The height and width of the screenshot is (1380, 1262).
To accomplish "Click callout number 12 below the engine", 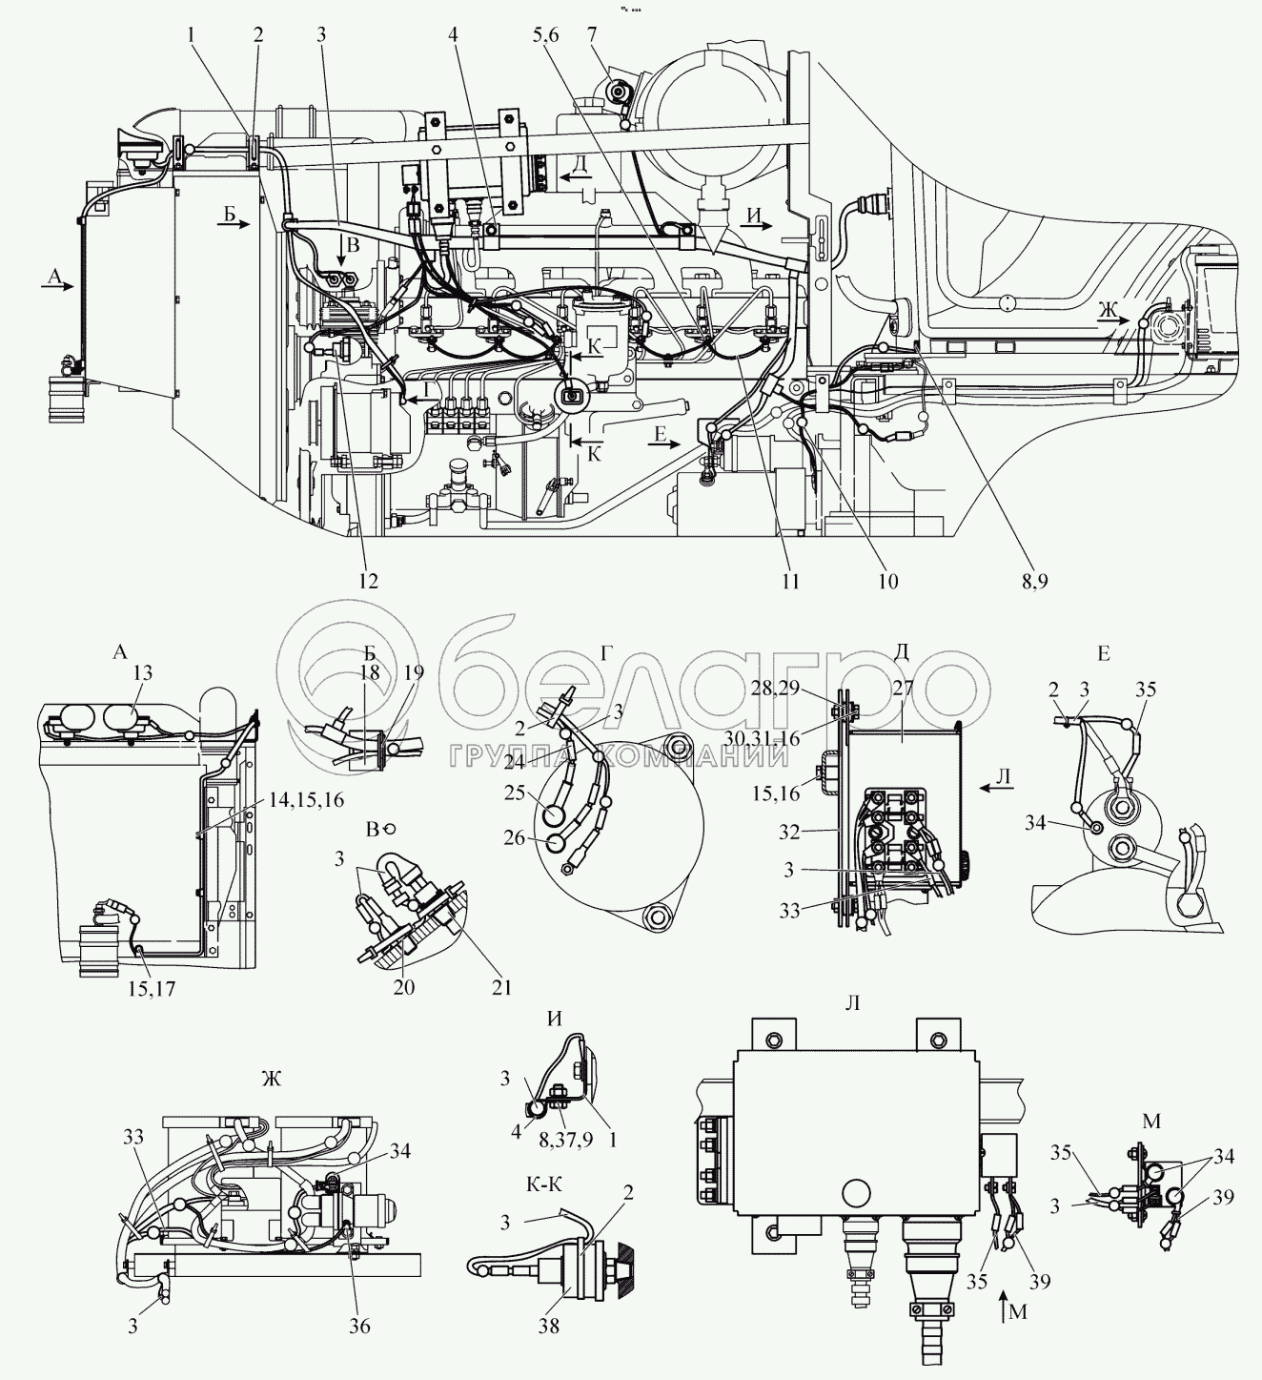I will (369, 580).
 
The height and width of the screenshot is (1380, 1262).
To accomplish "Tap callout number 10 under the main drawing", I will (887, 580).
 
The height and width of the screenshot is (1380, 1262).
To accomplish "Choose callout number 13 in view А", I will (142, 673).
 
